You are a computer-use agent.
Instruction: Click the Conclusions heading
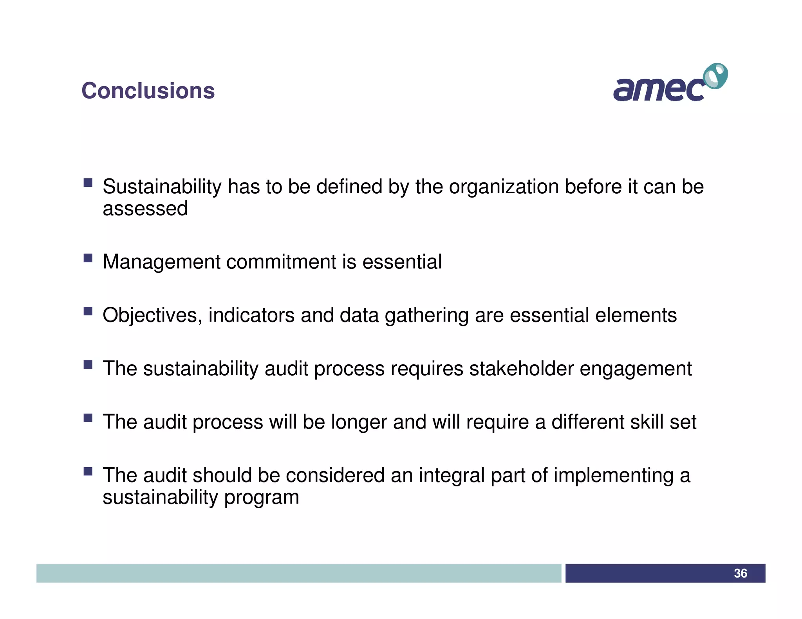tap(148, 91)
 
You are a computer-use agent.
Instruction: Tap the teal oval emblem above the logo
tap(715, 76)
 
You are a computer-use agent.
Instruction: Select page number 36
tap(740, 573)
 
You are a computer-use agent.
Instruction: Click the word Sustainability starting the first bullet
tap(162, 187)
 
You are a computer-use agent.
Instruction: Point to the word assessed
tap(145, 209)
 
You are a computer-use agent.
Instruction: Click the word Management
tap(161, 262)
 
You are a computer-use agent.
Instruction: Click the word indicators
tap(251, 315)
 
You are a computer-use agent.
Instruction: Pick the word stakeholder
tap(521, 369)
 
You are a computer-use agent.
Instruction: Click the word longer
tap(359, 423)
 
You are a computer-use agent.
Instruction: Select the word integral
tap(452, 476)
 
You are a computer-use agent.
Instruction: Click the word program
tap(262, 498)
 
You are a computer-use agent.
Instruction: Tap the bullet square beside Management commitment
tap(88, 258)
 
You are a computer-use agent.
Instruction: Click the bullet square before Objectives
tap(88, 311)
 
